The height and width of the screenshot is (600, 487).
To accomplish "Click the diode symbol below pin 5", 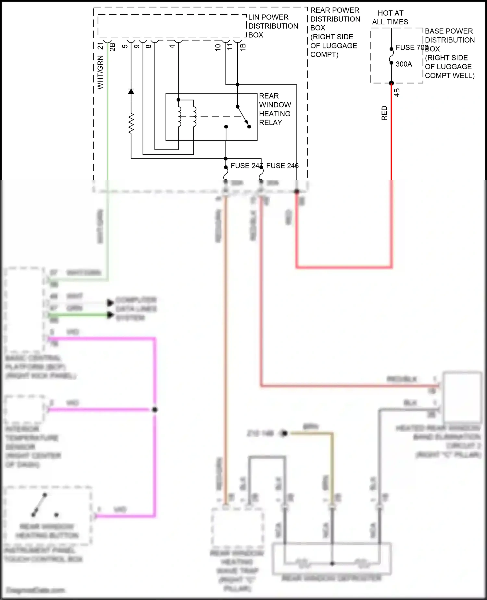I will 131,91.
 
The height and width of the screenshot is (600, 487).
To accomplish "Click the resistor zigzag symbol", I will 131,124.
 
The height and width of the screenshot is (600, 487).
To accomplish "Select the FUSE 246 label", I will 282,166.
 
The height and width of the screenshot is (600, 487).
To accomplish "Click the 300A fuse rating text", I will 404,64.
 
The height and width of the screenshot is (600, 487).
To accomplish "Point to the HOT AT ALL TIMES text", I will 390,18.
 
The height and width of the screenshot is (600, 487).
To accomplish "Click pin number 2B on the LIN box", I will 112,47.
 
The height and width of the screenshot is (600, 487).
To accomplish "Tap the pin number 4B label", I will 397,93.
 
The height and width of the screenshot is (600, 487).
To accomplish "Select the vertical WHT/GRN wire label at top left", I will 100,72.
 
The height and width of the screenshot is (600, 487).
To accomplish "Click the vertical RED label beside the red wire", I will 384,113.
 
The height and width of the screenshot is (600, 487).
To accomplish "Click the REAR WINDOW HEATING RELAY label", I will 275,109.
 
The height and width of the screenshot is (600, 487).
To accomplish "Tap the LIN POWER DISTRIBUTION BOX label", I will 273,26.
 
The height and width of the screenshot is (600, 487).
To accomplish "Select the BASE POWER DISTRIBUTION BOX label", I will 449,53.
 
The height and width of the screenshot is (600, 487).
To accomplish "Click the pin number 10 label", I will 218,47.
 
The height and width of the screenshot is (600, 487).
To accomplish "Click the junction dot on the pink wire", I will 155,410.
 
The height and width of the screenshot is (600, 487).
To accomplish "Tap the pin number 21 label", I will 101,46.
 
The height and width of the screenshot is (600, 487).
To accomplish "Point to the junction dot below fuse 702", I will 391,83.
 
